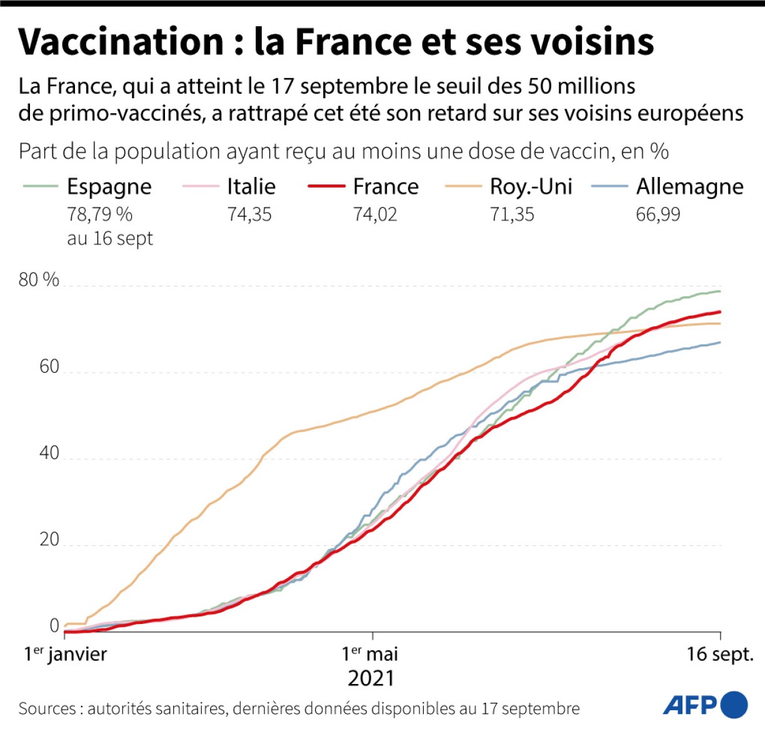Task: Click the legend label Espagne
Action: [109, 187]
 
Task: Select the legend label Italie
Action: [251, 186]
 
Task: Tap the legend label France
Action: [386, 186]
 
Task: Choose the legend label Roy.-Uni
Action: [531, 186]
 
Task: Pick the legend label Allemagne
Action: [689, 186]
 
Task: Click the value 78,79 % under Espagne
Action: [99, 214]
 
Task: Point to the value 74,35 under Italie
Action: [249, 214]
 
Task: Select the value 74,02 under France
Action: [375, 214]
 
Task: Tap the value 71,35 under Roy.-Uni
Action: [512, 214]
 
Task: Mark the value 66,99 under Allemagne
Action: [657, 214]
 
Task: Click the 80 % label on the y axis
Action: [39, 279]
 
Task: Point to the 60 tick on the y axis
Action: [49, 366]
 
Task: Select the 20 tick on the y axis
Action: [49, 540]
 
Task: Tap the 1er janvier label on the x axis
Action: [66, 654]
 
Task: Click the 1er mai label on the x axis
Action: [370, 654]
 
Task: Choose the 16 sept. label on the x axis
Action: [720, 654]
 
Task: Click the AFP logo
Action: [705, 705]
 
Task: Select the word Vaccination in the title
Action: [121, 42]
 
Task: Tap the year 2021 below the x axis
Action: [371, 678]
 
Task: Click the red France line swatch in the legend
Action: [326, 186]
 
